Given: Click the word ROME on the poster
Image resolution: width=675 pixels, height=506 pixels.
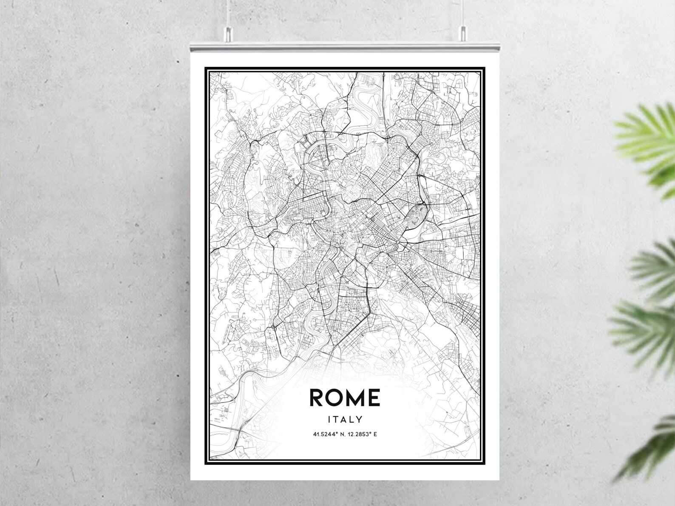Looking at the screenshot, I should click(345, 397).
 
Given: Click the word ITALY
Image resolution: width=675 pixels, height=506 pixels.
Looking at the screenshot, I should click(345, 419).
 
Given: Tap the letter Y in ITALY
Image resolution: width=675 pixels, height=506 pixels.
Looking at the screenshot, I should click(360, 419).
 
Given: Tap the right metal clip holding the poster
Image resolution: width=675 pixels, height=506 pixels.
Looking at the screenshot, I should click(462, 33).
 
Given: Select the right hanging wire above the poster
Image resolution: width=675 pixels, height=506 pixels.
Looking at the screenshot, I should click(462, 13).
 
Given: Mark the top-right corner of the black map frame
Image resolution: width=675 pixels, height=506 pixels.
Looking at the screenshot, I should click(485, 68).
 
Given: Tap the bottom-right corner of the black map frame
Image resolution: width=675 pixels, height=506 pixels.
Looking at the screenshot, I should click(485, 463).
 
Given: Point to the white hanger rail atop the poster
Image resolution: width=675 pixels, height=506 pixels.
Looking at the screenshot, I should click(344, 45).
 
